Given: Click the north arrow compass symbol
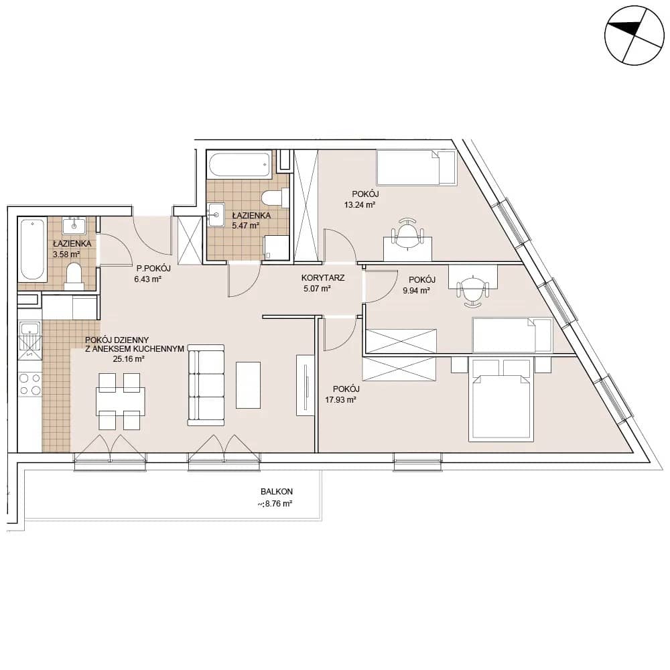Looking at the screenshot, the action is click(x=634, y=36).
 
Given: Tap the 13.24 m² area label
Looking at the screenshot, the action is click(x=359, y=204).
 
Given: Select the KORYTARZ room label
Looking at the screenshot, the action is click(x=323, y=278).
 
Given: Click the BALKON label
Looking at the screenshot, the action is click(x=277, y=492).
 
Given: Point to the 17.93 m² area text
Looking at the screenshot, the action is click(x=340, y=400).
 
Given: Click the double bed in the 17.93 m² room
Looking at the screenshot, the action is click(x=501, y=399).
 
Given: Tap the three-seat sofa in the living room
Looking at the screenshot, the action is click(x=206, y=385).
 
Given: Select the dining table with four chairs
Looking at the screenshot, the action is click(x=120, y=401).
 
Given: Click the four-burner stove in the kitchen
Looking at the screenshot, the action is click(x=30, y=384).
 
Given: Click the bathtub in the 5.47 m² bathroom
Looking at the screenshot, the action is click(x=239, y=164).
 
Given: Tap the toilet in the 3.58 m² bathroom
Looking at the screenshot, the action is click(x=74, y=277).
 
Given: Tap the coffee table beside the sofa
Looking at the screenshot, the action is click(x=249, y=385).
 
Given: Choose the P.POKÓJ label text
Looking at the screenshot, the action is click(x=153, y=269).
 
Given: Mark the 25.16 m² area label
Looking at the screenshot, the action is click(x=129, y=359).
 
